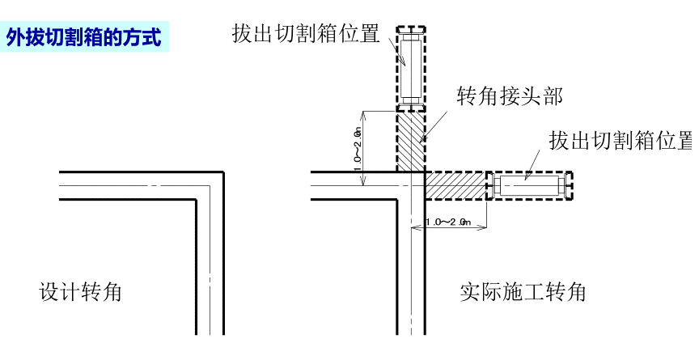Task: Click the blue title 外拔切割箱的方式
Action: coord(84,37)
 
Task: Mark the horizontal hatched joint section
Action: coord(455,186)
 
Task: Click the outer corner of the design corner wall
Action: coord(222,172)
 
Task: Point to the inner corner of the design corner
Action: coord(197,199)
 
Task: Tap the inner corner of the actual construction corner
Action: coord(397,199)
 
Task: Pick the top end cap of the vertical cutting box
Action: coord(410,29)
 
